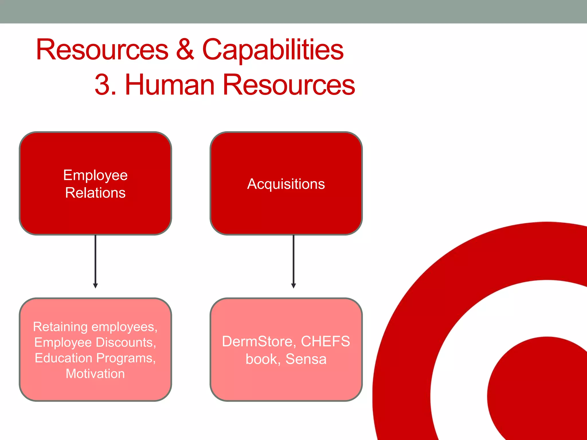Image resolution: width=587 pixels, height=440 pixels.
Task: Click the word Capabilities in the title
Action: click(x=273, y=50)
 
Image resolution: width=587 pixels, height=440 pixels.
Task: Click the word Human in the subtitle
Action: click(x=170, y=85)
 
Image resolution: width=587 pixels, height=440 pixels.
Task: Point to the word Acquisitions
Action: click(x=286, y=184)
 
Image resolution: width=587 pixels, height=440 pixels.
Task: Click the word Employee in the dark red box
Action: click(x=95, y=175)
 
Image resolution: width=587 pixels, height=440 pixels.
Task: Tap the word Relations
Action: click(x=95, y=193)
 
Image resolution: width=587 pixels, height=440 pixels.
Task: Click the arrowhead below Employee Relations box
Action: click(x=95, y=286)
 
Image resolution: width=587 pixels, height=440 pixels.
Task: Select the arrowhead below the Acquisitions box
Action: click(x=293, y=286)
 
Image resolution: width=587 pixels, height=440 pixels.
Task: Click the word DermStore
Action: click(x=259, y=341)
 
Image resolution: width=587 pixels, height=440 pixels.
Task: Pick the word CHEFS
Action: click(x=325, y=341)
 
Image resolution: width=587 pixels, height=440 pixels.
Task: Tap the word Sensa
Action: click(x=306, y=359)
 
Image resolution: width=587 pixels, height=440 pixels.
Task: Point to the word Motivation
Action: click(x=95, y=374)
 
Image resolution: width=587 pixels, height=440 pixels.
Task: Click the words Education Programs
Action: click(x=95, y=358)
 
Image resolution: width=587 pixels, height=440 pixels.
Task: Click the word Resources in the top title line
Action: click(x=102, y=50)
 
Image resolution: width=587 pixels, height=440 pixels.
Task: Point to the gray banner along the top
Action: click(x=293, y=11)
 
